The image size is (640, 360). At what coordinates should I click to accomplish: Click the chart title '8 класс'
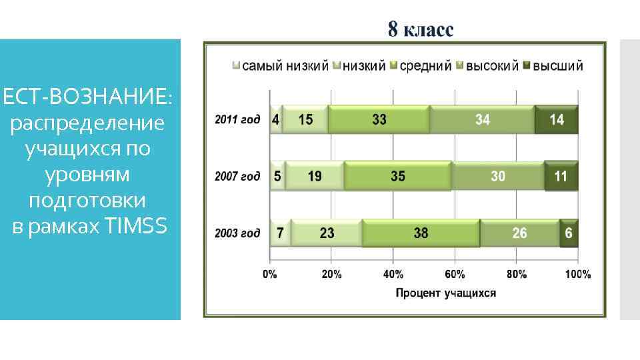coord(421,30)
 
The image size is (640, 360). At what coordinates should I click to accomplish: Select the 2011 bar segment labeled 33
coord(379,120)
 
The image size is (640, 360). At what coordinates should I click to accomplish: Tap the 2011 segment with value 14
coord(556,120)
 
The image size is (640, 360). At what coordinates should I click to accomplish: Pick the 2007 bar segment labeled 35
coord(397,177)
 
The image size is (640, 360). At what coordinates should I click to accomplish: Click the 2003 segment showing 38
coord(420,233)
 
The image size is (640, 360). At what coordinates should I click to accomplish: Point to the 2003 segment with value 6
coord(569,233)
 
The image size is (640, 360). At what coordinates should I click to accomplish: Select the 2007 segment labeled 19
coord(314,177)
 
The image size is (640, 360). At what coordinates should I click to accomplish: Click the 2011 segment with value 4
coord(275,120)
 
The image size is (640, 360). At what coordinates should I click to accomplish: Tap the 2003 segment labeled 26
coord(519,233)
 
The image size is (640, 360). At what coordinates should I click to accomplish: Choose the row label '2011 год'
coord(237,120)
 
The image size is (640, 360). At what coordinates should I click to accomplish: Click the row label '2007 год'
coord(237,177)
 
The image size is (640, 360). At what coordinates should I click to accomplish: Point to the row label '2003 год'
coord(237,233)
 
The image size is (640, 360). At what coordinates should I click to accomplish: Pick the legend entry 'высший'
coord(558,66)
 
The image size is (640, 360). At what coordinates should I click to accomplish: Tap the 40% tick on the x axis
coord(393,274)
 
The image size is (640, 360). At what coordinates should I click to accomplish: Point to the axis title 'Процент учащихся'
coord(446,293)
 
